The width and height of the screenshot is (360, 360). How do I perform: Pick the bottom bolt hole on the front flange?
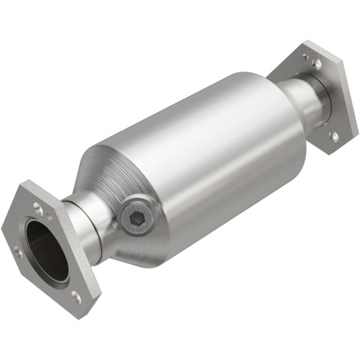(76, 295)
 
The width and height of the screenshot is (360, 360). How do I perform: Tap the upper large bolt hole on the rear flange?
(317, 65)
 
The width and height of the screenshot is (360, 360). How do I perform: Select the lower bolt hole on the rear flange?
(333, 135)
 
